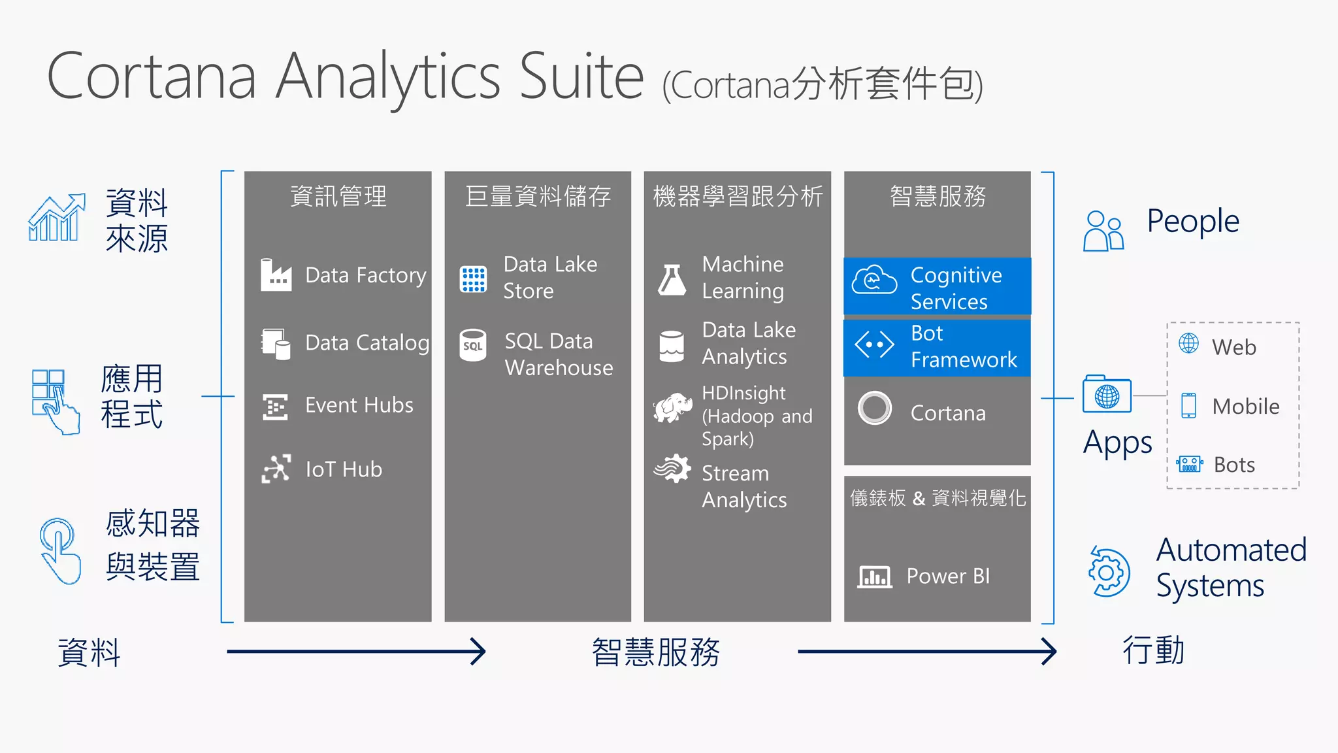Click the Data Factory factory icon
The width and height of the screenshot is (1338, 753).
(276, 275)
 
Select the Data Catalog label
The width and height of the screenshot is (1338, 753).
(367, 343)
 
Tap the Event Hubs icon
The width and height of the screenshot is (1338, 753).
(275, 407)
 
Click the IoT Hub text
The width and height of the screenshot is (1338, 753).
(344, 469)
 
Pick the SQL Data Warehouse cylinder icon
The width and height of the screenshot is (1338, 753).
(472, 345)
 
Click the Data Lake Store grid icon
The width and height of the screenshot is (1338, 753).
(473, 279)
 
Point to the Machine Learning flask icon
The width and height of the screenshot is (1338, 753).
(672, 280)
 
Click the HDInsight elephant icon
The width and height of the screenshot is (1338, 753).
(673, 408)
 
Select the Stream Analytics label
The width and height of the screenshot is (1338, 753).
(743, 486)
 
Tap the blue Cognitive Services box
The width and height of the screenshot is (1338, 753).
(937, 286)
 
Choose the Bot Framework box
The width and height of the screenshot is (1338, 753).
(937, 347)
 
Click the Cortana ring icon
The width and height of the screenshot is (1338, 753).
(875, 408)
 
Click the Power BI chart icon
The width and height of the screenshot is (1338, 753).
(874, 577)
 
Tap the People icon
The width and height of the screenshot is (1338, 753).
(1103, 231)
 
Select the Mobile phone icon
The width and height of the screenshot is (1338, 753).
(1188, 406)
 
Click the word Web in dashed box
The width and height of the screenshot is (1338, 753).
(1233, 347)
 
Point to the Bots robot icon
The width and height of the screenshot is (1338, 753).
(1189, 464)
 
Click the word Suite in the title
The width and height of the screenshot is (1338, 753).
(581, 77)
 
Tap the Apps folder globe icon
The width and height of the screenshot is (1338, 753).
(1107, 395)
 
